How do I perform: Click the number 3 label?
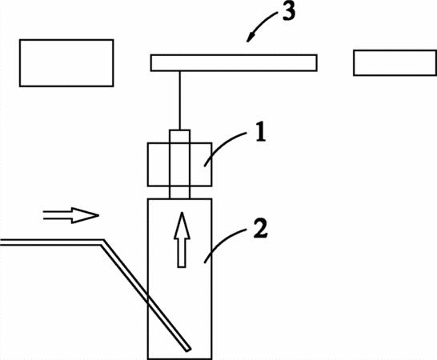289,11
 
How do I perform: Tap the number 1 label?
261,132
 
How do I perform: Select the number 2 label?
261,229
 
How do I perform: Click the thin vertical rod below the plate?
180,101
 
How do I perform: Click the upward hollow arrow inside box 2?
182,240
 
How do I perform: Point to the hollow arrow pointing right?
71,215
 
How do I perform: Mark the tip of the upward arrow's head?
182,212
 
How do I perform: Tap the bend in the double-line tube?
102,242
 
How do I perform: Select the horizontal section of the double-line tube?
51,242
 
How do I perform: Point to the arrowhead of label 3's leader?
249,38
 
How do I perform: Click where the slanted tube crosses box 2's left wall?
148,298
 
